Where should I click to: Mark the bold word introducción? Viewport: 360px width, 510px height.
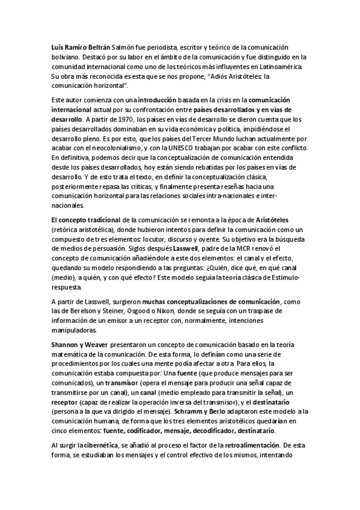(157, 99)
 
